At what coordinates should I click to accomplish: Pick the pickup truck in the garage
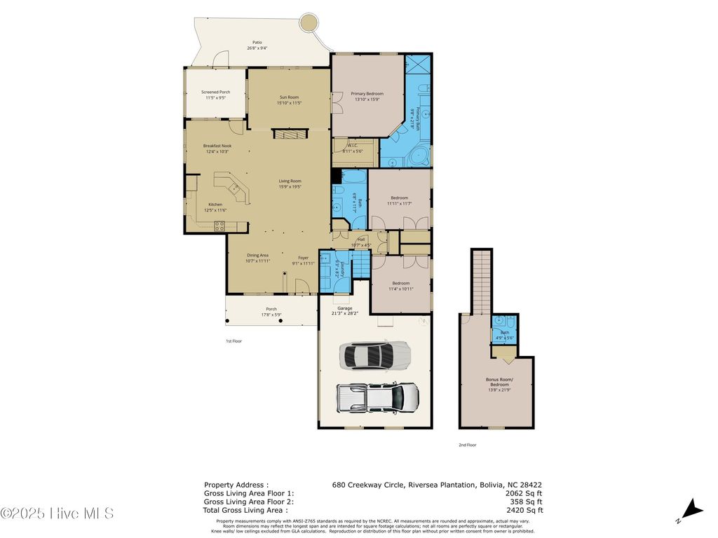[378, 397]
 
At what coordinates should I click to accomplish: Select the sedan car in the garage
[374, 355]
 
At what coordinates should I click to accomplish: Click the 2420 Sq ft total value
[526, 510]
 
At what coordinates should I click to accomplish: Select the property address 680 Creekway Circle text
[437, 484]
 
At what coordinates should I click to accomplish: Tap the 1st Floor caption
[233, 340]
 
